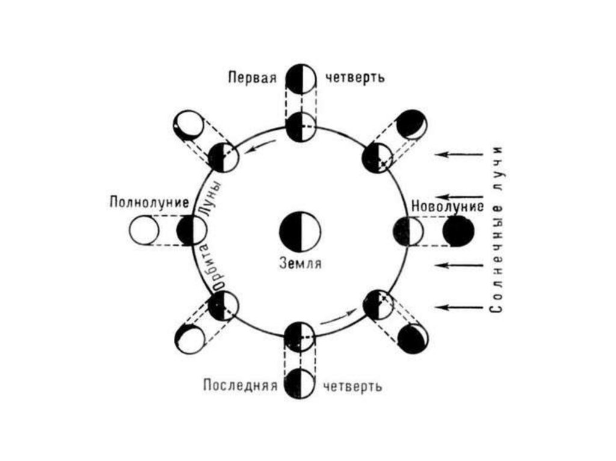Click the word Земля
[x=300, y=263]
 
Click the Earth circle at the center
[x=300, y=231]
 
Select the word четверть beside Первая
[x=353, y=78]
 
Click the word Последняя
[x=239, y=385]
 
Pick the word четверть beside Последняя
[x=353, y=385]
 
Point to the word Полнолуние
[x=149, y=201]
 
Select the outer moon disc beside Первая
[x=300, y=78]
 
